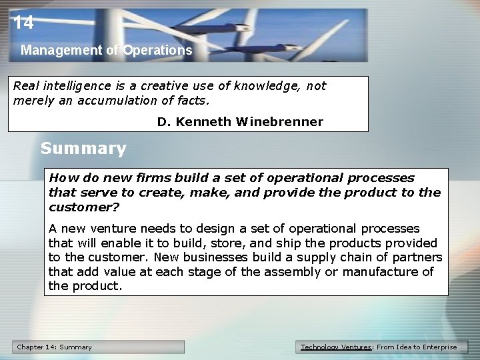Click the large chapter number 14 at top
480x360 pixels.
(23, 23)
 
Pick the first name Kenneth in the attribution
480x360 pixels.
(199, 121)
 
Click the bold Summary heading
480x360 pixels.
(83, 148)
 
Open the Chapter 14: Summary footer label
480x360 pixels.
(55, 347)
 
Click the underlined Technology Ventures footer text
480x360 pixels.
(337, 347)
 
